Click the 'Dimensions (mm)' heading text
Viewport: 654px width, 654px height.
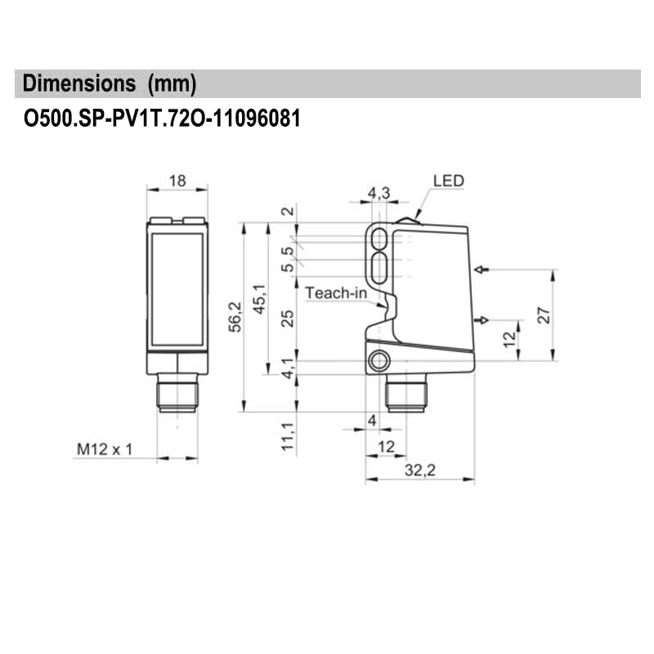click(109, 83)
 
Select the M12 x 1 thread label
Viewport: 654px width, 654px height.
click(104, 449)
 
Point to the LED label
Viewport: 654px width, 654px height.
click(449, 181)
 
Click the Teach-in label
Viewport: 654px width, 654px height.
click(336, 292)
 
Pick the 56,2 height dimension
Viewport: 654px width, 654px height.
click(235, 316)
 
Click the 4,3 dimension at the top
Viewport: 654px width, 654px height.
click(379, 192)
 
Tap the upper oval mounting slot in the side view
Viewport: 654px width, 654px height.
click(380, 238)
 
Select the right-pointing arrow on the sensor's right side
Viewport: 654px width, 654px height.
click(482, 320)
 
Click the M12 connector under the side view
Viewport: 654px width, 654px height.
click(405, 396)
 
